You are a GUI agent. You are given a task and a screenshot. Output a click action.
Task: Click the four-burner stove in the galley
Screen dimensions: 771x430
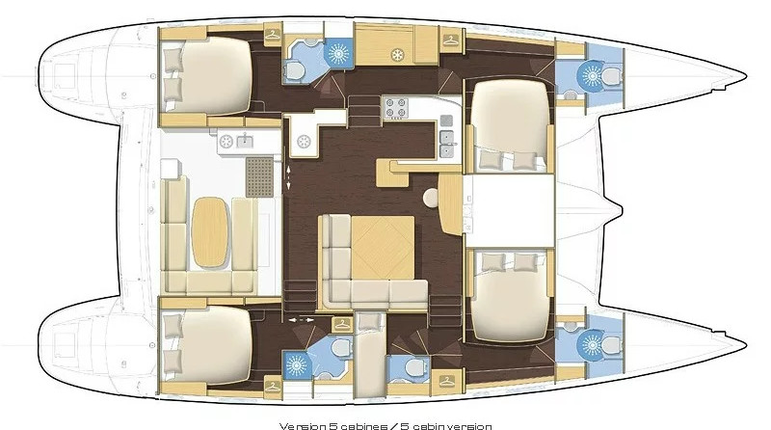[396, 108]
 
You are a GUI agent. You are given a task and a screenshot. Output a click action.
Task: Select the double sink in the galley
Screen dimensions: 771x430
[447, 144]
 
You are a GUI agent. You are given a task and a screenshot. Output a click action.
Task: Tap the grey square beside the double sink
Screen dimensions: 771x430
[446, 121]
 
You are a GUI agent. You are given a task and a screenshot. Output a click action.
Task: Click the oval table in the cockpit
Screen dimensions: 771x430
[210, 232]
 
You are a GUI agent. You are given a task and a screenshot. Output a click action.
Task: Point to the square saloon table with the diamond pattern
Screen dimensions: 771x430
[383, 248]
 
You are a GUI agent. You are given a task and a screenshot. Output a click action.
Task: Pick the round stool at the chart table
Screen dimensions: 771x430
[431, 197]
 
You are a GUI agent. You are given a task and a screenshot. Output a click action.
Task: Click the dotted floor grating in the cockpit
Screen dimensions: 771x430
[259, 176]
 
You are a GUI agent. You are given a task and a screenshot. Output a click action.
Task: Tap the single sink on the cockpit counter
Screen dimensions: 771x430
[245, 142]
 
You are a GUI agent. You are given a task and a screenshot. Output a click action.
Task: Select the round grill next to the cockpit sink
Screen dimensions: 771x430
[226, 142]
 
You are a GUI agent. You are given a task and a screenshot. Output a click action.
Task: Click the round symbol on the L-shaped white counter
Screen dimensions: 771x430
[304, 142]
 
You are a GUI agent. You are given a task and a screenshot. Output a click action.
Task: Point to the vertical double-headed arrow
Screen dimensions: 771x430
[288, 177]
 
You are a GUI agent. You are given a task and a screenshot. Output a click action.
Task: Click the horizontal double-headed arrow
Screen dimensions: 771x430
[301, 320]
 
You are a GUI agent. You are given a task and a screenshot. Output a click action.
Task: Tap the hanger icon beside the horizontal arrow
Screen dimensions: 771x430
[342, 325]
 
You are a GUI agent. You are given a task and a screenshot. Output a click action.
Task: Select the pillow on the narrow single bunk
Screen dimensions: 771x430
[370, 322]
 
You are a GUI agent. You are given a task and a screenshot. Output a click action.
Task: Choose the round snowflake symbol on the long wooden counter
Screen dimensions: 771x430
[397, 55]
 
